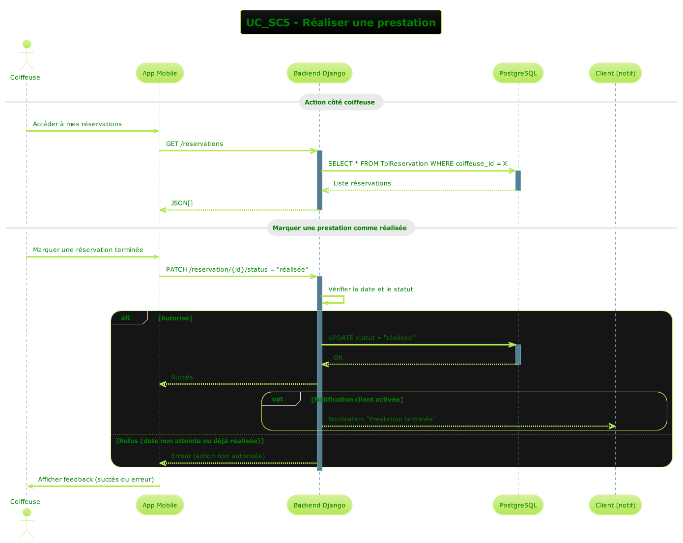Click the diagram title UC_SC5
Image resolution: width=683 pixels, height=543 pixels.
coord(341,23)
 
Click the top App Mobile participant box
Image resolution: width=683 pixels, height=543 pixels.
coord(160,73)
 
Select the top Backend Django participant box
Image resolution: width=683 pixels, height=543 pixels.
coord(319,73)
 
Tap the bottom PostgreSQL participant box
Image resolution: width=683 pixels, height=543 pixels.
coord(518,505)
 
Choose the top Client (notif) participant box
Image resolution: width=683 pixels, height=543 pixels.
coord(615,73)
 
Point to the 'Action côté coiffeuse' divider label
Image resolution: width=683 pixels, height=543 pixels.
coord(340,102)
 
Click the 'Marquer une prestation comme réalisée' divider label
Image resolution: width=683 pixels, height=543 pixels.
coord(340,228)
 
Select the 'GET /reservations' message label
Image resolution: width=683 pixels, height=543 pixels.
coord(195,144)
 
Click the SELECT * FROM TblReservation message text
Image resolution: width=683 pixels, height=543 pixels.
coord(418,164)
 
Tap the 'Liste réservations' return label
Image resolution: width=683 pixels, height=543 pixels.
coord(362,183)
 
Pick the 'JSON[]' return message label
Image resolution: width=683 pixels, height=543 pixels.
coord(182,203)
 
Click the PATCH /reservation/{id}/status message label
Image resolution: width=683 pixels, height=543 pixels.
coord(237,270)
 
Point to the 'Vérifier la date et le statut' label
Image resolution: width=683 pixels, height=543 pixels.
coord(370,289)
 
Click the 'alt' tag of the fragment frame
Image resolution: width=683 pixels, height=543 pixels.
coord(126,318)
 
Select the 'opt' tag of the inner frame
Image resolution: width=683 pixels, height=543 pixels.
coord(278,399)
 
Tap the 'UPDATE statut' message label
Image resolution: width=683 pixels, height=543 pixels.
coord(371,338)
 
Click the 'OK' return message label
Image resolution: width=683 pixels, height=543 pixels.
coord(338,358)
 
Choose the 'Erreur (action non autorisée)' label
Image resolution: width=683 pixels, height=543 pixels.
coord(218,456)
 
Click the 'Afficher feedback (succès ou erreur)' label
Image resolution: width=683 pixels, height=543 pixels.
coord(96,479)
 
